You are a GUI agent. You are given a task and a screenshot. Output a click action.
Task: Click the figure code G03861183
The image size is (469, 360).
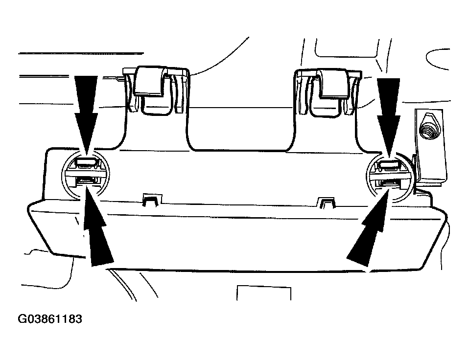pyautogui.click(x=50, y=319)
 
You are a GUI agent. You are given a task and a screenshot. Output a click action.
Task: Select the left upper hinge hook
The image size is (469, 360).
pyautogui.click(x=149, y=81)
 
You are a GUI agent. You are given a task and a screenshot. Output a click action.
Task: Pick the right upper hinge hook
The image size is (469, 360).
pyautogui.click(x=334, y=83)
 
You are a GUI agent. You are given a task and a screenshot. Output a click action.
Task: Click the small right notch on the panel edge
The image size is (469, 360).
pyautogui.click(x=327, y=202)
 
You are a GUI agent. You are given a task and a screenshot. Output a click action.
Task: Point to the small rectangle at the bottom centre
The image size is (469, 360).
pyautogui.click(x=264, y=293)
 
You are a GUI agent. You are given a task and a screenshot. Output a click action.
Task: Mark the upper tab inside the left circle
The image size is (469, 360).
pyautogui.click(x=86, y=163)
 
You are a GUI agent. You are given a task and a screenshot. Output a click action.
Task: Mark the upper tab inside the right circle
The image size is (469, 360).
pyautogui.click(x=389, y=165)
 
